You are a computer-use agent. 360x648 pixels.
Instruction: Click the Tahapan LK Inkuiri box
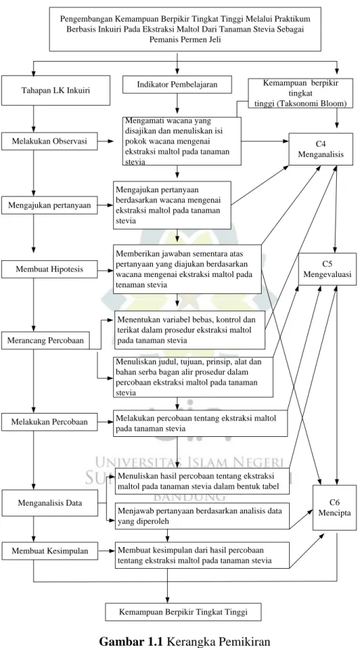click(56, 90)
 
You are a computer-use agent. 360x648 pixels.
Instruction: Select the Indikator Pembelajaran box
click(177, 85)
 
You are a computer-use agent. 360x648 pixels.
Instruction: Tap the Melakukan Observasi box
click(49, 142)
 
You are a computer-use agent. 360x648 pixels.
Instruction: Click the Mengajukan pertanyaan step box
click(49, 204)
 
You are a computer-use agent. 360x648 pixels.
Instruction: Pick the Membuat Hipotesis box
click(49, 269)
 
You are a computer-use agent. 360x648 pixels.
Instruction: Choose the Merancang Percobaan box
click(46, 341)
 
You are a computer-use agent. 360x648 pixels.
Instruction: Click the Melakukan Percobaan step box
click(49, 422)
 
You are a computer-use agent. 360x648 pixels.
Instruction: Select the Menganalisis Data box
click(49, 503)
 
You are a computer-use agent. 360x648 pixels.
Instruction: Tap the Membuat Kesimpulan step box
click(49, 551)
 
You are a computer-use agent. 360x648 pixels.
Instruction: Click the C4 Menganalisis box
click(320, 149)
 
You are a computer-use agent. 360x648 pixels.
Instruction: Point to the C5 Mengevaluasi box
click(327, 269)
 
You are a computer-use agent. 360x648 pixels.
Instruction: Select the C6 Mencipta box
click(334, 508)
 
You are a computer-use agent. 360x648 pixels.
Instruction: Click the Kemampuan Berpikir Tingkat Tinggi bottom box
click(183, 612)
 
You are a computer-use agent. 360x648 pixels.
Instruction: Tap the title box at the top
click(185, 29)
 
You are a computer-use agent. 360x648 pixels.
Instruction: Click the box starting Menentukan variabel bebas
click(189, 330)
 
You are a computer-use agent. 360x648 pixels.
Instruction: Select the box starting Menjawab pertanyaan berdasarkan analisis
click(201, 515)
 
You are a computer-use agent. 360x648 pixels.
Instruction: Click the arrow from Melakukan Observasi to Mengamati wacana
click(105, 142)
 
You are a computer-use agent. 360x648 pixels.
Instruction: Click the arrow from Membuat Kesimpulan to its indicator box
click(106, 551)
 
